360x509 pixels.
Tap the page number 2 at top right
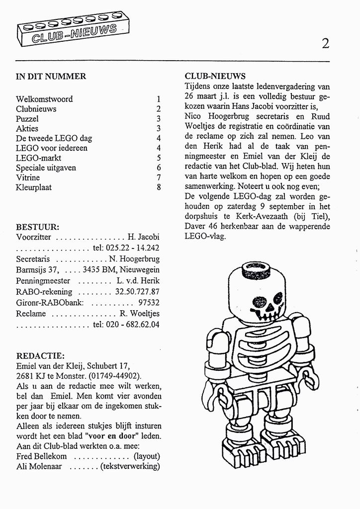(x=325, y=44)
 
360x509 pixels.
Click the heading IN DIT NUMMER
(x=51, y=77)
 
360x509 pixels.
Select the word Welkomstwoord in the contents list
(x=44, y=99)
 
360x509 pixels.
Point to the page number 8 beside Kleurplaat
(x=158, y=187)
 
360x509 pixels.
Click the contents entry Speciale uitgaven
(x=46, y=168)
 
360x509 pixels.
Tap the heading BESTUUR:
(x=38, y=227)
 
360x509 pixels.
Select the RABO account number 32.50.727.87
(x=137, y=292)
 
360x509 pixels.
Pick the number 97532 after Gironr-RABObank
(x=149, y=303)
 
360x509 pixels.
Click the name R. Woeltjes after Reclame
(x=139, y=314)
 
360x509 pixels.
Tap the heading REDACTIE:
(x=40, y=356)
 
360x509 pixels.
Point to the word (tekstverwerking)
(x=130, y=466)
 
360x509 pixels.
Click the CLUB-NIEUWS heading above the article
(x=215, y=77)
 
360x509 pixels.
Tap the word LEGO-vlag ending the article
(x=205, y=236)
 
